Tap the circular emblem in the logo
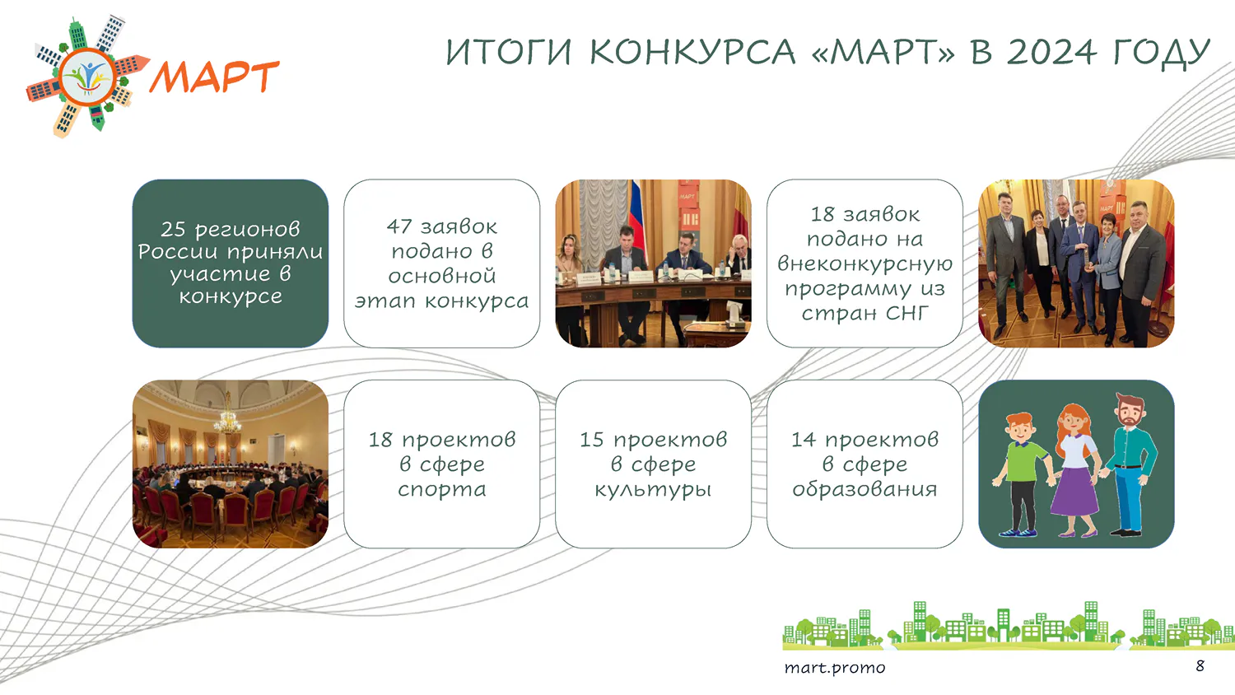point(87,77)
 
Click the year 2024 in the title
point(1051,53)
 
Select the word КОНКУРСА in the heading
point(692,53)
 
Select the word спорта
point(441,490)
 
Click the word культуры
point(653,490)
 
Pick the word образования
point(864,488)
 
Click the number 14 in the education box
point(804,440)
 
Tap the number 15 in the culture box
point(592,440)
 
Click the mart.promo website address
point(835,668)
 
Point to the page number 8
point(1200,665)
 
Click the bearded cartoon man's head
point(1129,410)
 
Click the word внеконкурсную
point(864,264)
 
